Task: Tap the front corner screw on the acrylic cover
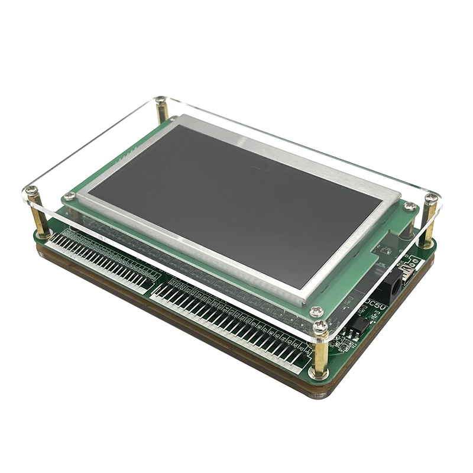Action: tap(320, 326)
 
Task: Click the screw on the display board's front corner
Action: tap(316, 311)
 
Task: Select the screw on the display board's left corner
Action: tap(70, 196)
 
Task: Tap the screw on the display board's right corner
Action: tap(409, 207)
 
